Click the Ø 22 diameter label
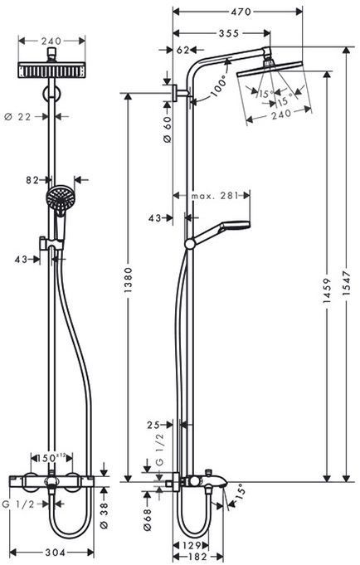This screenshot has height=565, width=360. pos(30,117)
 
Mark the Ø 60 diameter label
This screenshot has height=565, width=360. pos(168,129)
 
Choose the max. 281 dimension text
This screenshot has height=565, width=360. pos(215,196)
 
